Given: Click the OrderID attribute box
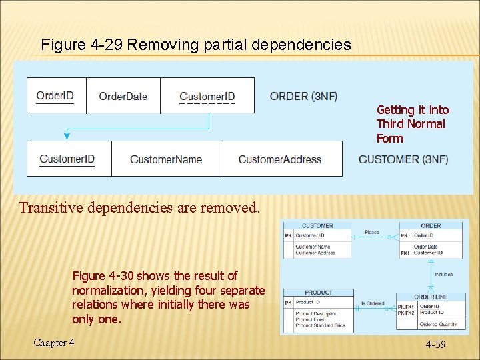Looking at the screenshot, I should (56, 95).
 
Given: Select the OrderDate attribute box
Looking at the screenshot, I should (123, 96).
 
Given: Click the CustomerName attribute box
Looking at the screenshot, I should (165, 159).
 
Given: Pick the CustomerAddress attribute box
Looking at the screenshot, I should (280, 159).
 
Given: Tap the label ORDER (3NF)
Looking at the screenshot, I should (303, 96).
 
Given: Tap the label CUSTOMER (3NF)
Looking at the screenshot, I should (403, 159).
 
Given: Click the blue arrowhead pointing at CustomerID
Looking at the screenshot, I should (67, 136).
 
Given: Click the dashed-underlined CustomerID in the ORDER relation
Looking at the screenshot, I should (207, 97).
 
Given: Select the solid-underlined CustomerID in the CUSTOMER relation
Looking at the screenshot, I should (67, 159).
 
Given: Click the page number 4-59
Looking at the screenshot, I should (436, 344).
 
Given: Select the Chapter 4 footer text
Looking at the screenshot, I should (54, 343).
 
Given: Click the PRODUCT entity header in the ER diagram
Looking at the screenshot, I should (318, 293).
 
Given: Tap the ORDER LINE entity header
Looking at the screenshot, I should (431, 297).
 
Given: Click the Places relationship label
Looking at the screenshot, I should (372, 232).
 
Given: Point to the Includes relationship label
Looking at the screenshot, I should (443, 274).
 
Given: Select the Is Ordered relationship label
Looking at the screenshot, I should (373, 303).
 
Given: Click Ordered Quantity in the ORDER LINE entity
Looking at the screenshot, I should (439, 325).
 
